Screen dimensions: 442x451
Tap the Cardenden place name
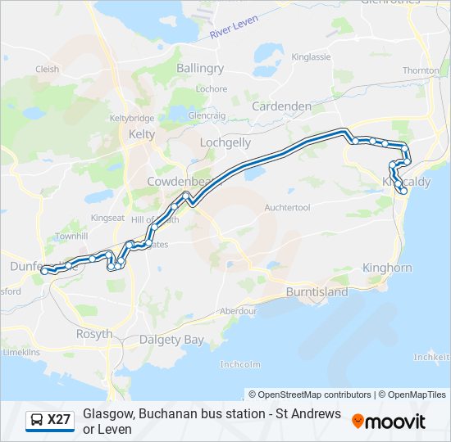click(281, 106)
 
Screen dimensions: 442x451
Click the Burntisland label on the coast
click(317, 292)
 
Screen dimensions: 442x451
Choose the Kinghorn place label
click(387, 268)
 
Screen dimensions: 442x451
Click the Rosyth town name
click(93, 334)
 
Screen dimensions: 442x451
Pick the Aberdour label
click(238, 311)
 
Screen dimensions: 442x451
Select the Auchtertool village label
click(287, 208)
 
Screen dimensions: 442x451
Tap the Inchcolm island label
click(240, 364)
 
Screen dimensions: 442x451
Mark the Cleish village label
click(47, 70)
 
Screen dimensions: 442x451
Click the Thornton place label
click(421, 71)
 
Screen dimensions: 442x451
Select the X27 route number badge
click(59, 420)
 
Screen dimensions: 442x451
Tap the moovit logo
click(389, 421)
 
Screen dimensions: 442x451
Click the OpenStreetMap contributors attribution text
click(310, 395)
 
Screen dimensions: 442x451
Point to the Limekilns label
click(21, 352)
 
